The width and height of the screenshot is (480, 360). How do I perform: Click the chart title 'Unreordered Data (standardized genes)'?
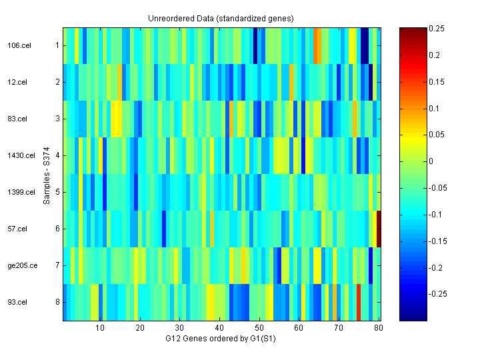(x=221, y=18)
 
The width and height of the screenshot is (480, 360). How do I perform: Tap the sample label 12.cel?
(x=16, y=82)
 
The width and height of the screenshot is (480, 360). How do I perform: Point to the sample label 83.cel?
(x=16, y=119)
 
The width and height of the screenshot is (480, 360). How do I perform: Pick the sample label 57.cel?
(x=16, y=229)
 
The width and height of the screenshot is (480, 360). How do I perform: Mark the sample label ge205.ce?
(x=19, y=265)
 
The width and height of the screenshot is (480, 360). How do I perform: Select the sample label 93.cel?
(x=16, y=302)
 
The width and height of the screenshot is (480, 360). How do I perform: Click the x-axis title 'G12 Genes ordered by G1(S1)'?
(x=221, y=339)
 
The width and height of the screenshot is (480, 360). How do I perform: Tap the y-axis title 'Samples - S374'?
(x=47, y=174)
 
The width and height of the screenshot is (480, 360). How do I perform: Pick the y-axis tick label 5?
(x=57, y=192)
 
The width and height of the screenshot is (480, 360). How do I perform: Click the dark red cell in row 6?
(x=379, y=229)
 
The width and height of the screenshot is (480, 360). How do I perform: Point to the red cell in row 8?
(x=359, y=302)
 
